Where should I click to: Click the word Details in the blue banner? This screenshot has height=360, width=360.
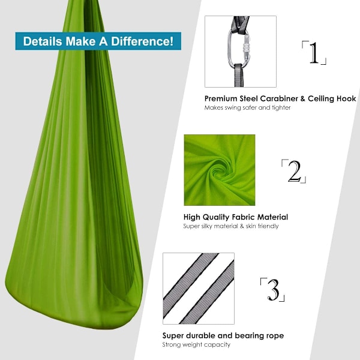click(43, 41)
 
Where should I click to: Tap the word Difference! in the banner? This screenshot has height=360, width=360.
click(142, 41)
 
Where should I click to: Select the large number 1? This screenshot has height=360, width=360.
click(314, 53)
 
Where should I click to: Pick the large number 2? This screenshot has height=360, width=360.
click(294, 171)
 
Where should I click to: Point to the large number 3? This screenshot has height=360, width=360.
click(273, 290)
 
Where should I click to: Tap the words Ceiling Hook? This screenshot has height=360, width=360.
click(332, 99)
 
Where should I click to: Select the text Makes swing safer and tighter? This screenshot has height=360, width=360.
click(247, 107)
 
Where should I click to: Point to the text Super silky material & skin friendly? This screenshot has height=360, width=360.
click(231, 226)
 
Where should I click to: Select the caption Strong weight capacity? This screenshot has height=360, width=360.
click(196, 344)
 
